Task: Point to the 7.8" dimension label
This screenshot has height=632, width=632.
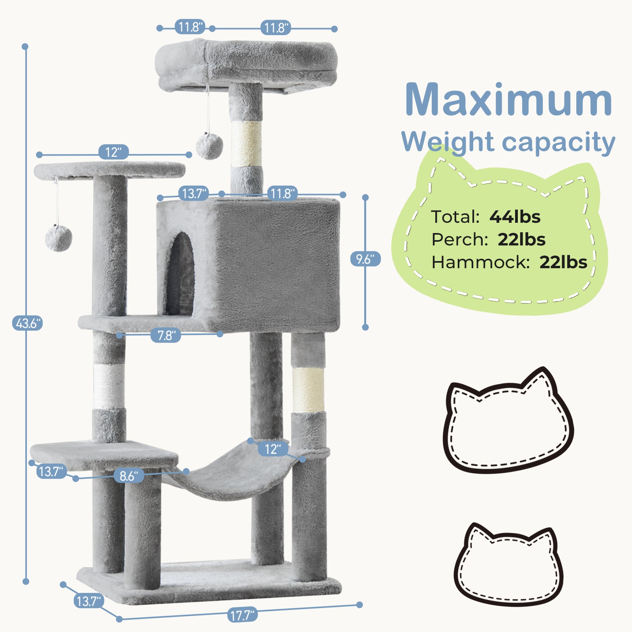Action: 166,335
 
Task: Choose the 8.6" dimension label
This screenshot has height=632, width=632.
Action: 129,476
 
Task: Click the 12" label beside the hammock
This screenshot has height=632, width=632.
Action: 273,449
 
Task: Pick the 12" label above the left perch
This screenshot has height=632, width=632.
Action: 113,152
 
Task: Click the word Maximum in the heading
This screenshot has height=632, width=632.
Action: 508,100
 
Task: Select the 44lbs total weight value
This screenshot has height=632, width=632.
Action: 515,217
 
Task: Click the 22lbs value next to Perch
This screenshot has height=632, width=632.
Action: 521,239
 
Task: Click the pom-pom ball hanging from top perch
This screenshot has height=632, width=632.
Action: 209,146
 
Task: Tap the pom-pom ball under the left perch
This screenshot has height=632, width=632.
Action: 58,238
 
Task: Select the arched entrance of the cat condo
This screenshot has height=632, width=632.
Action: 181,273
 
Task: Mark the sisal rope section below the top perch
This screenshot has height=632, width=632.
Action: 246,144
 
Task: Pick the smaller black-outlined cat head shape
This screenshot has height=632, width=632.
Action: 508,565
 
